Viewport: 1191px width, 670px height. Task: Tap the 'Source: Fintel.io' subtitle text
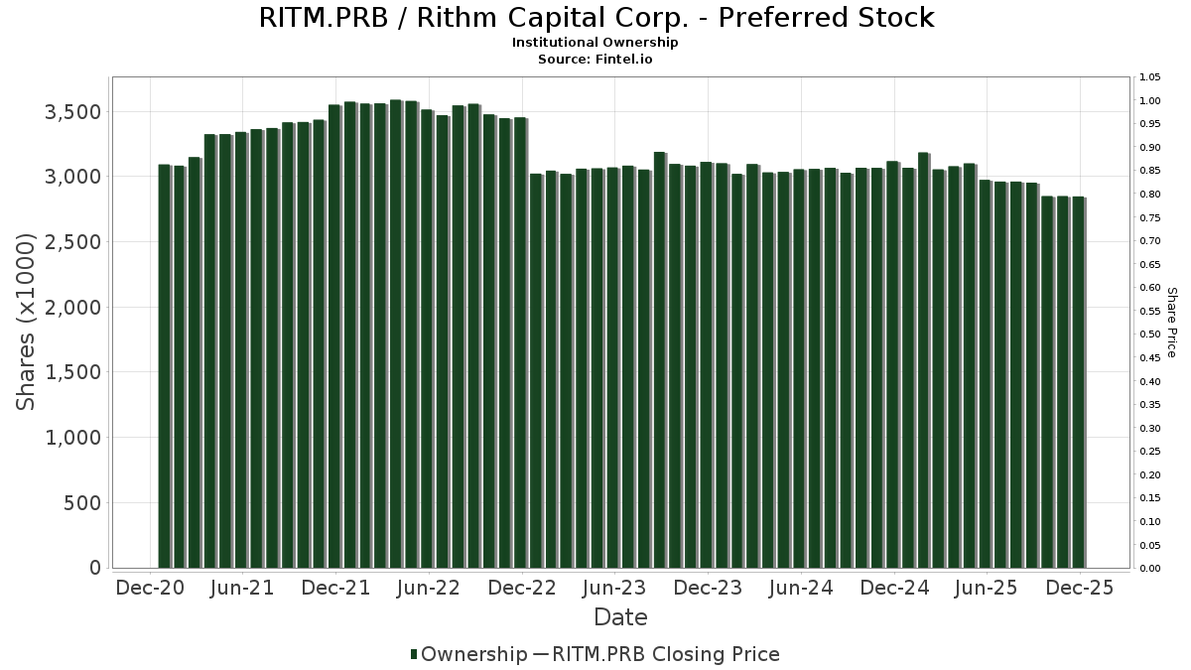click(x=595, y=59)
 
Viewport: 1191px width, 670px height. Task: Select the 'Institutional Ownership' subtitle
click(x=595, y=43)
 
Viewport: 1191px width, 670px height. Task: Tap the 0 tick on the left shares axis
click(x=95, y=568)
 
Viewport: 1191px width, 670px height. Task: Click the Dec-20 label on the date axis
click(x=150, y=588)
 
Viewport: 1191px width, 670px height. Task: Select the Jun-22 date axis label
click(x=428, y=588)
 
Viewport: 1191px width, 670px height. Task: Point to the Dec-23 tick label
click(x=707, y=588)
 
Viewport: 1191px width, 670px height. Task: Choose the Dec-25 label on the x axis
click(x=1078, y=588)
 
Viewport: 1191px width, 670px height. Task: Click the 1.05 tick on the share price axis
click(x=1150, y=77)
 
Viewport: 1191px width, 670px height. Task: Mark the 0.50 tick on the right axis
click(x=1150, y=335)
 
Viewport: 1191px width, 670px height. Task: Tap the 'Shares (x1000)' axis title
click(x=27, y=322)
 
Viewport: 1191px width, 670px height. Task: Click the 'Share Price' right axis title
click(x=1171, y=322)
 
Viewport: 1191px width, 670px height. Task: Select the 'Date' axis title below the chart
click(x=620, y=617)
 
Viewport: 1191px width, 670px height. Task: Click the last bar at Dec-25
click(x=1078, y=382)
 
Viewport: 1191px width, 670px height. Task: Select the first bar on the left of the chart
click(x=164, y=366)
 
